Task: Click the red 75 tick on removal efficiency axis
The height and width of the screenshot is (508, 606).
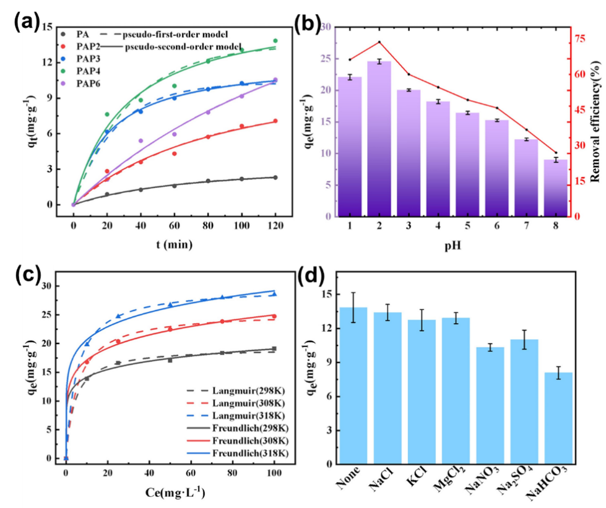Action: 578,38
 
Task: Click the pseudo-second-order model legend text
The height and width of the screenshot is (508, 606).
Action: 174,46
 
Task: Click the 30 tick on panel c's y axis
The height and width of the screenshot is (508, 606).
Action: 48,286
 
